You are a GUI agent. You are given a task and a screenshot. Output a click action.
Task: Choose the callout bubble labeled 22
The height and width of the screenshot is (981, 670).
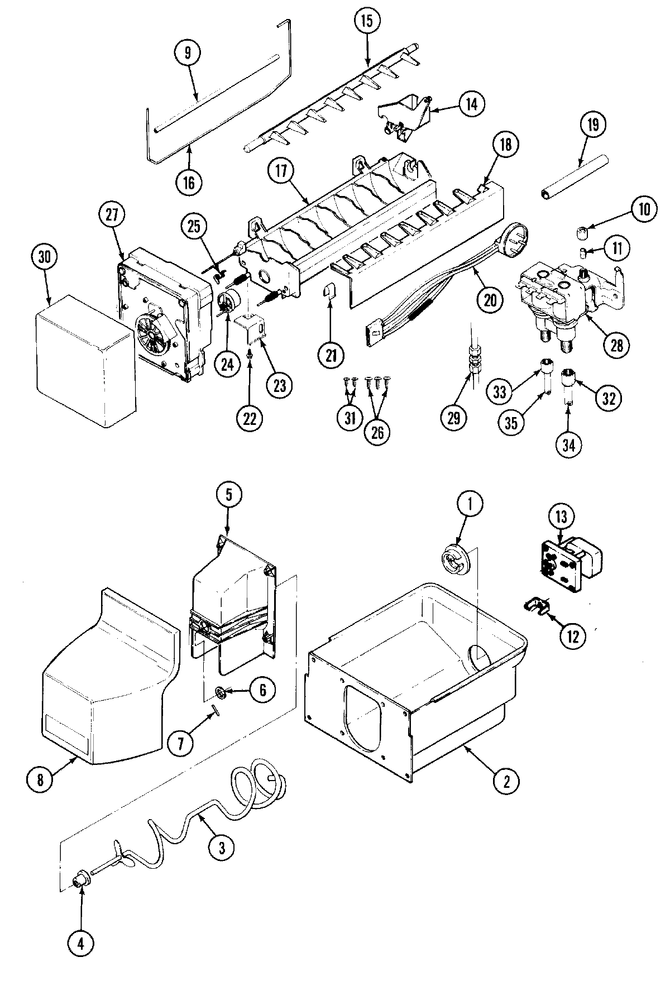[249, 418]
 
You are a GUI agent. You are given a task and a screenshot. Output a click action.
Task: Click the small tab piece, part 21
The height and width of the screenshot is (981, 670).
[329, 291]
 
